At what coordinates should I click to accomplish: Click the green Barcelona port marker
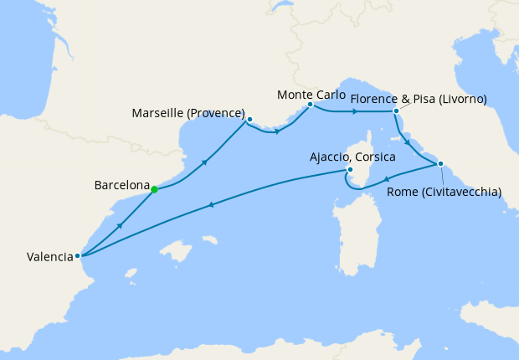(x=155, y=189)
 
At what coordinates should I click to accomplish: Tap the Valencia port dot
(x=77, y=256)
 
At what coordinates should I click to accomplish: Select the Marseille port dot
(x=249, y=119)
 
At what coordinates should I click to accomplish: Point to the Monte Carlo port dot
(x=310, y=105)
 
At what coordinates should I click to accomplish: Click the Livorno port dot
(x=396, y=111)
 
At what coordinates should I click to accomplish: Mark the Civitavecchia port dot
(x=440, y=163)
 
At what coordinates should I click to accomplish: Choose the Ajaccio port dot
(x=347, y=171)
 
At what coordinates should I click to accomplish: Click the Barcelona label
(x=123, y=186)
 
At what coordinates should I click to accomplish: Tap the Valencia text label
(x=44, y=257)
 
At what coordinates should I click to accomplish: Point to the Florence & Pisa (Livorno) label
(x=419, y=100)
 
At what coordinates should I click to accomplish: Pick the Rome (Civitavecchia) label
(x=444, y=192)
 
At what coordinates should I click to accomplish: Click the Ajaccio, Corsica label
(x=352, y=157)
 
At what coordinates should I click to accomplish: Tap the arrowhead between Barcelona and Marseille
(x=205, y=160)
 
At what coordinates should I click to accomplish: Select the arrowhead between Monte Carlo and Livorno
(x=356, y=111)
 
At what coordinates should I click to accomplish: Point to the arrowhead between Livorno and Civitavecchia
(x=408, y=142)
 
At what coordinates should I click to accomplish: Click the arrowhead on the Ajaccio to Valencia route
(x=212, y=204)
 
